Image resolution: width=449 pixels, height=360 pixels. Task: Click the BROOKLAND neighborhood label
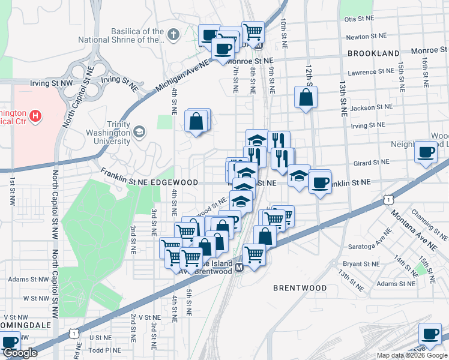click(373, 53)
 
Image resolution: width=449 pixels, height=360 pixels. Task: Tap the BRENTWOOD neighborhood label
click(300, 288)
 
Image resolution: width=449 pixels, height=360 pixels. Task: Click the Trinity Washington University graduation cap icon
click(139, 131)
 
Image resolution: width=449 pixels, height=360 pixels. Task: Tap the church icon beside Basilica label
click(174, 33)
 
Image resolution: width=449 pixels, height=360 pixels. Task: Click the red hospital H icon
click(35, 115)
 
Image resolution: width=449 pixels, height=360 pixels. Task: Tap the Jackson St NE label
click(372, 107)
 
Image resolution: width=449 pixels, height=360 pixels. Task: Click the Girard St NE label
click(372, 163)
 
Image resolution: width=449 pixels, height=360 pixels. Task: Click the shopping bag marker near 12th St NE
click(306, 98)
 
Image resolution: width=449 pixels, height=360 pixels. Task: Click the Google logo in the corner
click(20, 353)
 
